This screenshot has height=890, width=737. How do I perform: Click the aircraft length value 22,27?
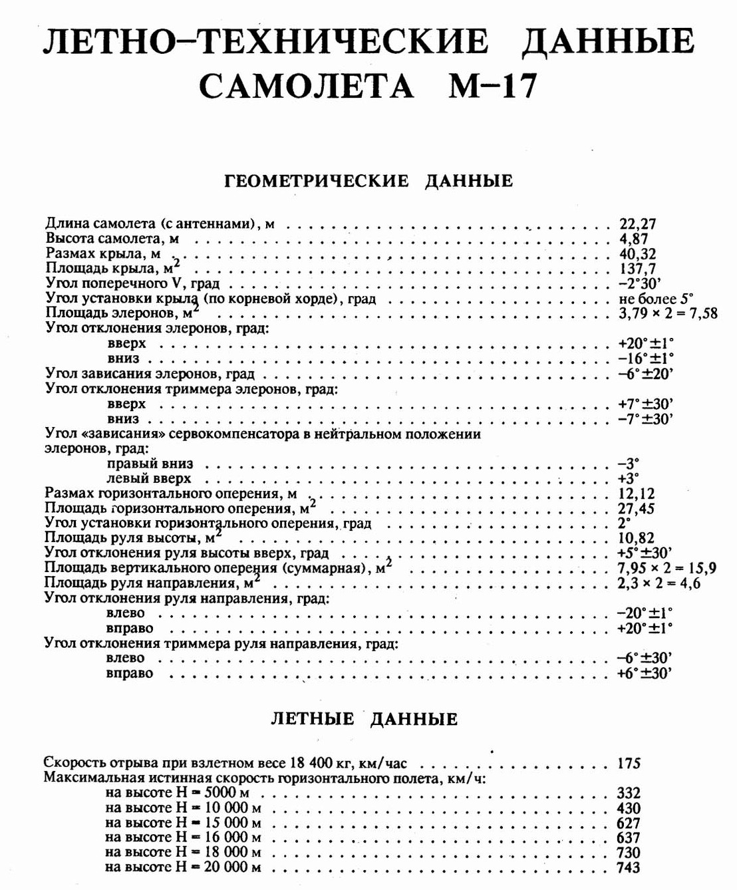(637, 224)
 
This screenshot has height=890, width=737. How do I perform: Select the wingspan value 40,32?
(637, 253)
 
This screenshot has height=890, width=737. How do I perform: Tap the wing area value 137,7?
(637, 268)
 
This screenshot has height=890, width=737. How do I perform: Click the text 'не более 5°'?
(655, 298)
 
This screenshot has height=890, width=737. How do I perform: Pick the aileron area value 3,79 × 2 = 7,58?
(667, 313)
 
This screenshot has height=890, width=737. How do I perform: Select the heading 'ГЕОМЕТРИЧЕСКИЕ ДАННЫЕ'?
(369, 181)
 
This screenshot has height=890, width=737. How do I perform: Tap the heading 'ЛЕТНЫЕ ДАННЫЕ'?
(365, 719)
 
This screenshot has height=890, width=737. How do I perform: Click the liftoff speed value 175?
(629, 763)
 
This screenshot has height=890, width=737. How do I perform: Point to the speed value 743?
(629, 867)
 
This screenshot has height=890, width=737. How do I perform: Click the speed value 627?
(629, 823)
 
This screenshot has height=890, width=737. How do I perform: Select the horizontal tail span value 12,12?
(637, 494)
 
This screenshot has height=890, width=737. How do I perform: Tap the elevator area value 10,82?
(636, 538)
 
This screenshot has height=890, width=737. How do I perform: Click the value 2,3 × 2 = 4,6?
(659, 583)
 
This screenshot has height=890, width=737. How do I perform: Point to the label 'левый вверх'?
(148, 478)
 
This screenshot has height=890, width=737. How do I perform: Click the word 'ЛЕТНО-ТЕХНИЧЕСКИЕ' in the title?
(265, 41)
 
